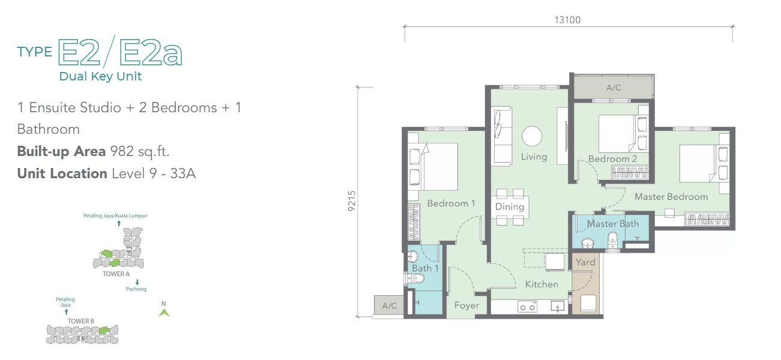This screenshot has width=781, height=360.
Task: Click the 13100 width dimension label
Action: click(x=568, y=20)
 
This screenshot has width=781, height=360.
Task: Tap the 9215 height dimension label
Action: click(x=352, y=201)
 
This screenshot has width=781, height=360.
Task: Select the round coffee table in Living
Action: click(x=532, y=136)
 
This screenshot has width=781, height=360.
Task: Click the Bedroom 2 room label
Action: click(x=612, y=159)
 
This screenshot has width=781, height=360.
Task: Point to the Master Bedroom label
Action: click(x=671, y=197)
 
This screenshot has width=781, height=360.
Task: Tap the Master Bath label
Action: click(x=612, y=223)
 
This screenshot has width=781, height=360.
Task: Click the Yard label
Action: click(x=585, y=262)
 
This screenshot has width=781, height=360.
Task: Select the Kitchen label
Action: click(x=541, y=284)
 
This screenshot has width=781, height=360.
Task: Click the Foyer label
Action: click(x=466, y=305)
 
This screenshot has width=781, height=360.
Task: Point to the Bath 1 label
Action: click(x=425, y=268)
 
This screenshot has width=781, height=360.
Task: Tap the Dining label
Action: click(x=510, y=206)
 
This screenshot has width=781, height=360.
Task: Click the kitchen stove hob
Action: click(x=527, y=307)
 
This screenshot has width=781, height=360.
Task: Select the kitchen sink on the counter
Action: click(x=558, y=307)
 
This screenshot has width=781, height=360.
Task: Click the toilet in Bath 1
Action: click(x=415, y=278)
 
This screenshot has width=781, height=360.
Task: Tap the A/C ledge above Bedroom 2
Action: click(x=614, y=87)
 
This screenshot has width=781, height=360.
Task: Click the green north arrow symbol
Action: click(x=164, y=313)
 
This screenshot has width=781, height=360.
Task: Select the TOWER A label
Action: click(x=116, y=274)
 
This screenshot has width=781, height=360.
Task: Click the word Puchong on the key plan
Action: click(x=136, y=289)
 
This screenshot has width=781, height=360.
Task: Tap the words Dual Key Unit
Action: click(x=100, y=76)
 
